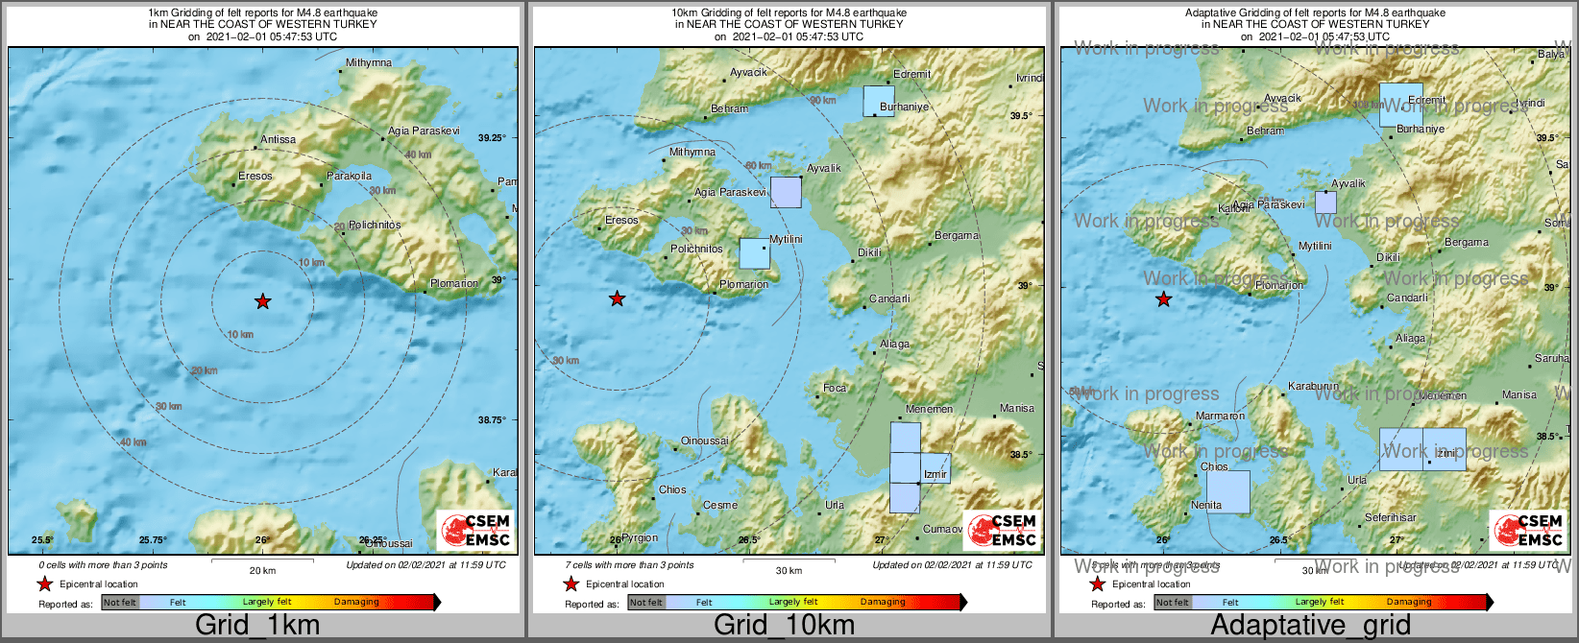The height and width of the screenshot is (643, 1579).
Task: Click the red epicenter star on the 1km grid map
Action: point(262,302)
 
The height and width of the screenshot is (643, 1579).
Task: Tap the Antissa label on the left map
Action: point(278,139)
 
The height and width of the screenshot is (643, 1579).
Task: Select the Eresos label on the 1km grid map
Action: point(255,176)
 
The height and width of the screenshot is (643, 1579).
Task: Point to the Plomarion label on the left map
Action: point(453,283)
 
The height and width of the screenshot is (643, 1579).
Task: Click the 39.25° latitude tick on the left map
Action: point(492,138)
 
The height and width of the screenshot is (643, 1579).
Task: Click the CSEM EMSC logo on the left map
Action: point(475,531)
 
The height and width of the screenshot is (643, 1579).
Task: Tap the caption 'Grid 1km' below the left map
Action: point(256,626)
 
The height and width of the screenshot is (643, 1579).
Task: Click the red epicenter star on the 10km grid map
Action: point(618,299)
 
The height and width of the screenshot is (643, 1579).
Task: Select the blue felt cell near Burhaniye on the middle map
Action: point(878,101)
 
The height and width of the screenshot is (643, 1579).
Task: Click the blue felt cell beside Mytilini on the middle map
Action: point(754,252)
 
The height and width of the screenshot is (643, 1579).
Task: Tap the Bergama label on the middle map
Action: point(957,235)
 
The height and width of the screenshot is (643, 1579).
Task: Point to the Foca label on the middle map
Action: point(835,388)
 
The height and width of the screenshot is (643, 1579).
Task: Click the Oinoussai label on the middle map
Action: point(704,441)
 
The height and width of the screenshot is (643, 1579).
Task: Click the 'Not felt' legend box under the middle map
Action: point(646,603)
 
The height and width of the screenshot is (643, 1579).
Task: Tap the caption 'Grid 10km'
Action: point(784,626)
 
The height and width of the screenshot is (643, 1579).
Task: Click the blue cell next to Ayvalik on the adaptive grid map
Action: point(1325,202)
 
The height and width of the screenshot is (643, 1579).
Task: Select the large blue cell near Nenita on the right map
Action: point(1228,491)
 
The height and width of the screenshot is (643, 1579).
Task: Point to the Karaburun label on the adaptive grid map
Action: point(1312,386)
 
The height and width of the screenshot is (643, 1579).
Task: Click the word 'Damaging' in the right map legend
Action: point(1409,602)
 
